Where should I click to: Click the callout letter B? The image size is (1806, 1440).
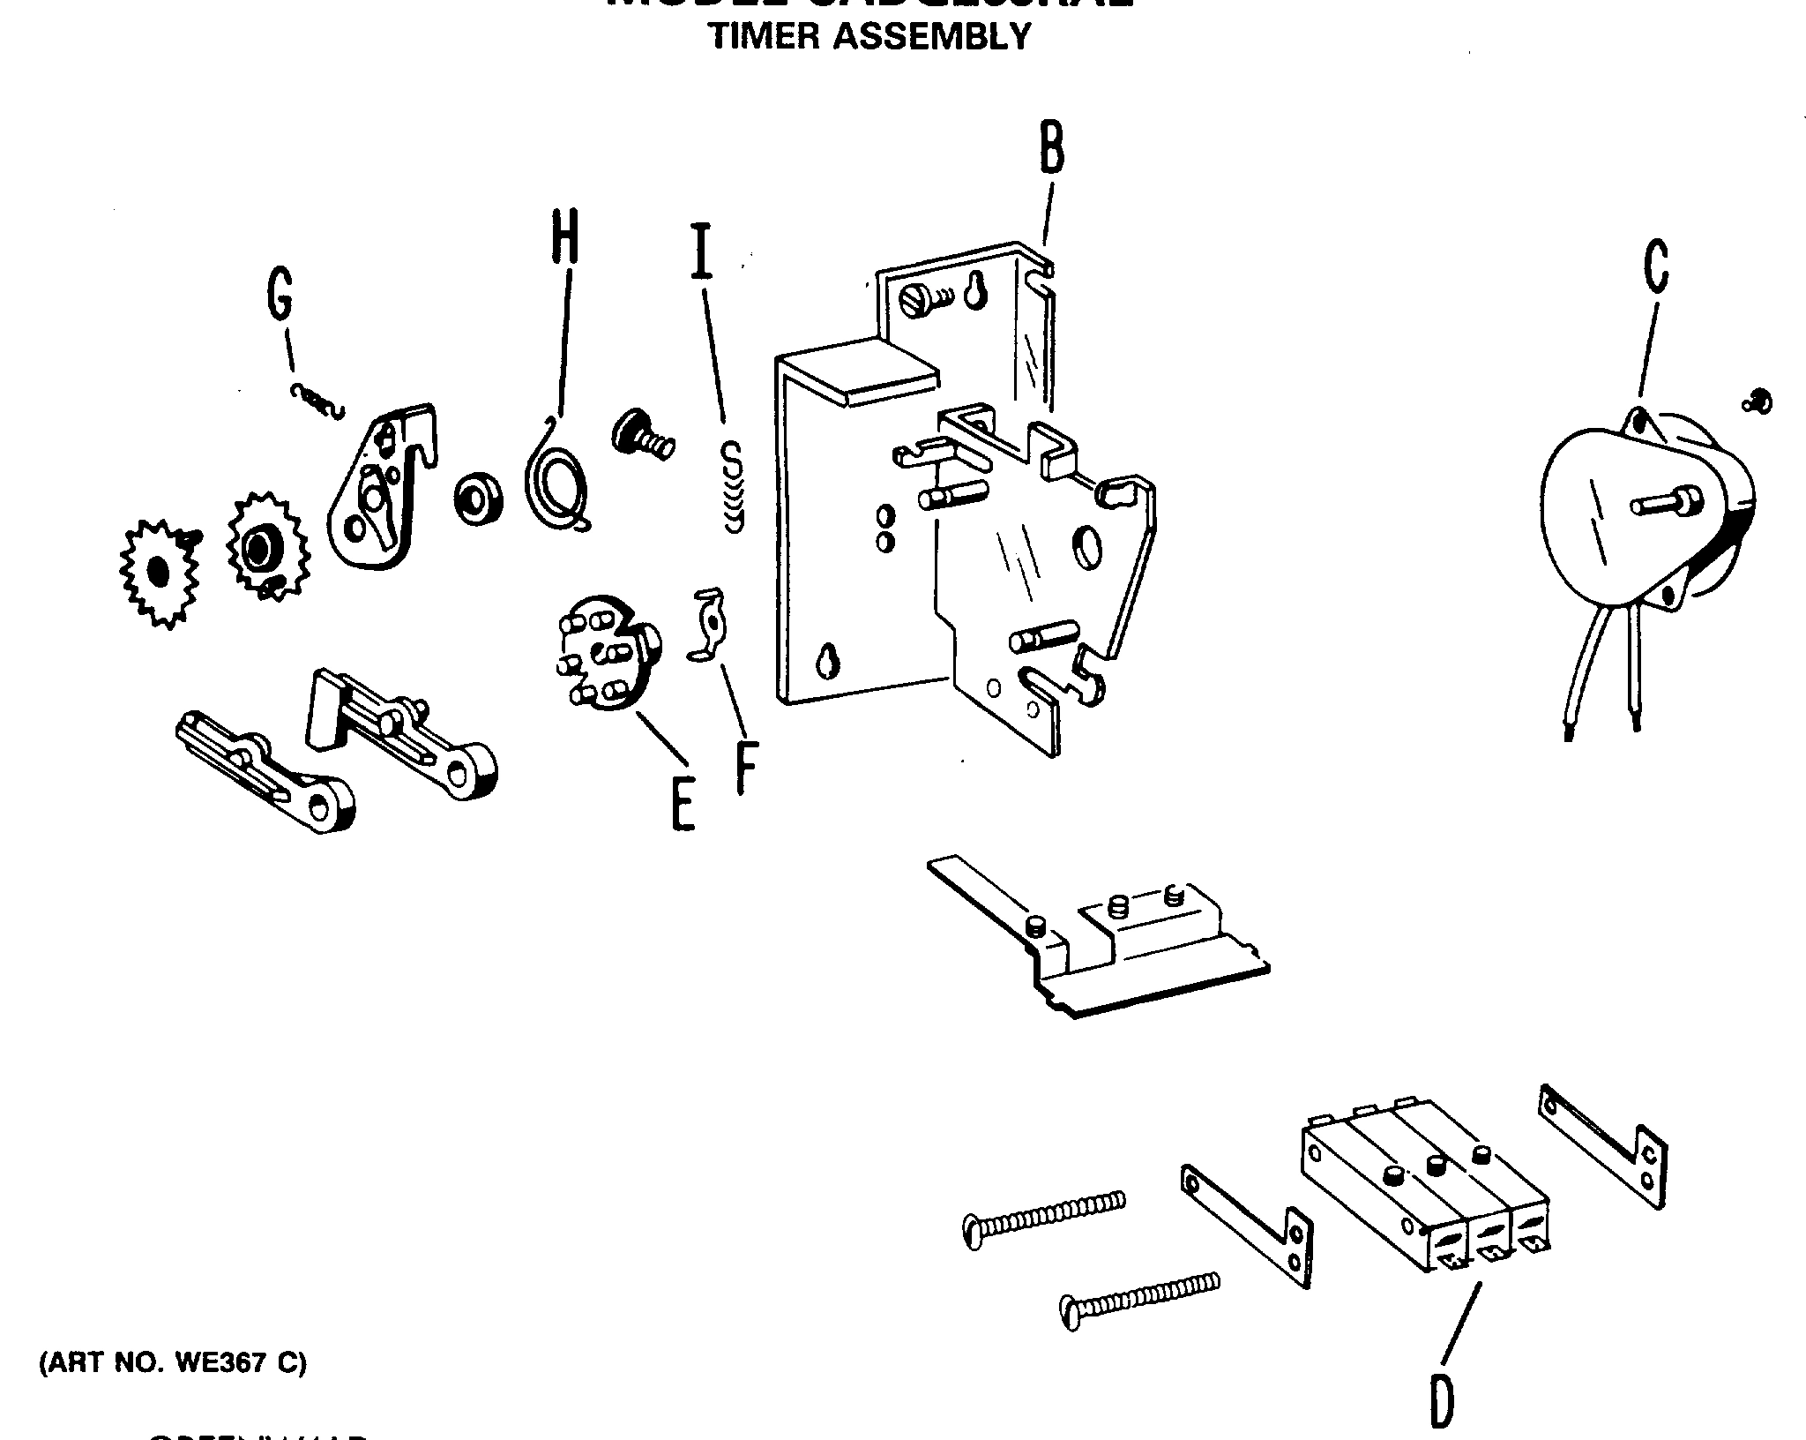(x=1051, y=147)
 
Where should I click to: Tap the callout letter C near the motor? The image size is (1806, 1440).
(x=1656, y=266)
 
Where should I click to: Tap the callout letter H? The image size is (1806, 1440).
(x=565, y=236)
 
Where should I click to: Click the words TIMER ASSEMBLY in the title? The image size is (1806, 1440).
(x=869, y=36)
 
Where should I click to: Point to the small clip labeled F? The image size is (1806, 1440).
(x=708, y=623)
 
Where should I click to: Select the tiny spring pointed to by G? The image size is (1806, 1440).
(x=317, y=401)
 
